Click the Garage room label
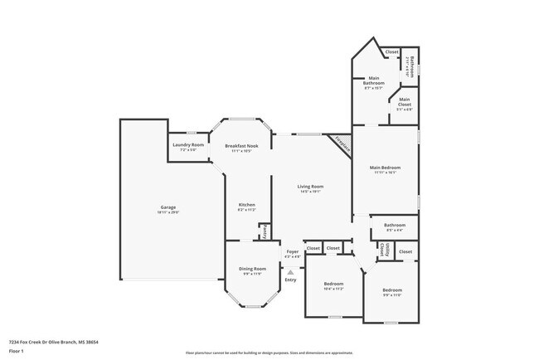coord(168,207)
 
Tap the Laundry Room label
coord(188,145)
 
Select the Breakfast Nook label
coord(242,146)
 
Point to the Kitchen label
coord(246,205)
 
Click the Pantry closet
coord(265,235)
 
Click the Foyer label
coord(292,251)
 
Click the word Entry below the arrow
coord(290,280)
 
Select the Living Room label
coord(310,187)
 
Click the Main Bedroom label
coord(386,168)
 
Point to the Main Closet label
coord(404,100)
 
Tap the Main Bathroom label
coord(373,81)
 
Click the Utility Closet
coord(382,249)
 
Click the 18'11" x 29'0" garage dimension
coord(168,212)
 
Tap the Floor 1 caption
coord(17,351)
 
